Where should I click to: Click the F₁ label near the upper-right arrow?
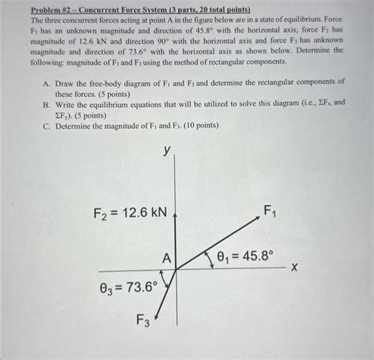pos(270,211)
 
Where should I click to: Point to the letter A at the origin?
pos(166,258)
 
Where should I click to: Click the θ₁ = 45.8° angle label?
pos(241,257)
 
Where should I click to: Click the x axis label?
pos(294,268)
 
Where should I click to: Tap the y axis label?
pos(166,151)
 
